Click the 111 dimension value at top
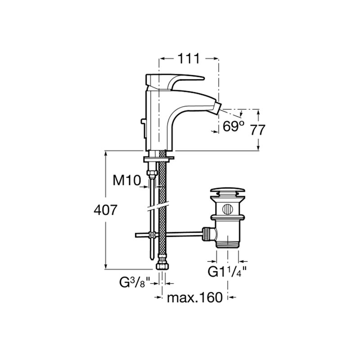tap(189, 58)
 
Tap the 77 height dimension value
tap(257, 130)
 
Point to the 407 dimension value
tap(105, 210)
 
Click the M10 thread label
tap(127, 180)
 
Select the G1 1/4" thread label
tap(227, 271)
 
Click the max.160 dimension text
tap(195, 297)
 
